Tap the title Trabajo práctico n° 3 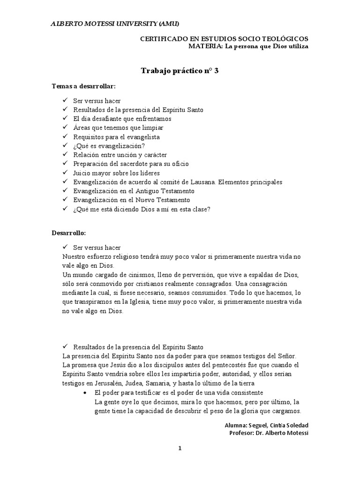[x=180, y=71]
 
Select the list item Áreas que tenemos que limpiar [x=118, y=127]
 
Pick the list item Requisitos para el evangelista [x=116, y=137]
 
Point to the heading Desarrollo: [x=68, y=232]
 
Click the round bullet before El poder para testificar [x=84, y=392]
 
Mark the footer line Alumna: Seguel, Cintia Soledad [x=267, y=425]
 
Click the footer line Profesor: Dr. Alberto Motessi [x=269, y=433]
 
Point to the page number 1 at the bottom [x=180, y=449]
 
